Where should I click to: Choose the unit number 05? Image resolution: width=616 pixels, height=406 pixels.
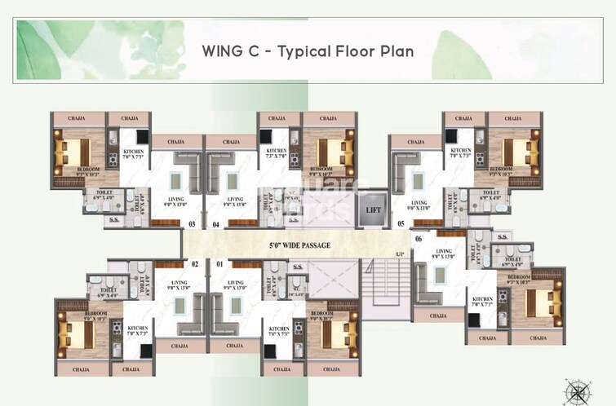click(400, 223)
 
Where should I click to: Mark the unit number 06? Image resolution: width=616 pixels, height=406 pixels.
click(419, 238)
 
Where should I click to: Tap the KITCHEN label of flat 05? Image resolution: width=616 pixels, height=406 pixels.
click(461, 152)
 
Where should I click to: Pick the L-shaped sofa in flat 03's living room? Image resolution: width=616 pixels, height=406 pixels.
click(187, 169)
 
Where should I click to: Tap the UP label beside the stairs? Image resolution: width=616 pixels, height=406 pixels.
click(399, 256)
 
